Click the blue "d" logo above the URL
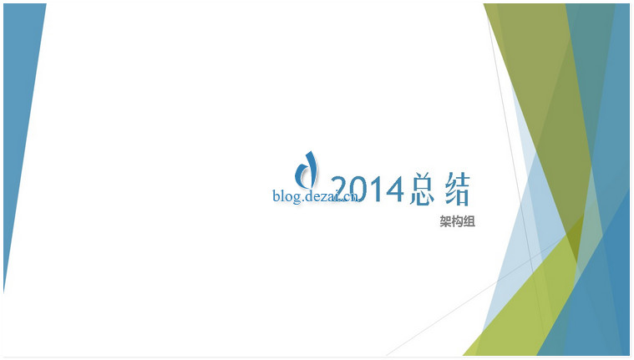pos(306,170)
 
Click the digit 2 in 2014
pos(342,189)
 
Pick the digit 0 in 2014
pos(364,189)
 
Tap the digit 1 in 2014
pos(380,189)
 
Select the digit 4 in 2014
pos(395,189)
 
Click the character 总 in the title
pos(422,189)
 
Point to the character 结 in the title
pos(458,189)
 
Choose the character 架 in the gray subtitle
pos(445,221)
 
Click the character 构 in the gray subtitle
pos(457,221)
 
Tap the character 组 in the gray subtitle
pos(469,221)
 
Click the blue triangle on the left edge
pos(19,101)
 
